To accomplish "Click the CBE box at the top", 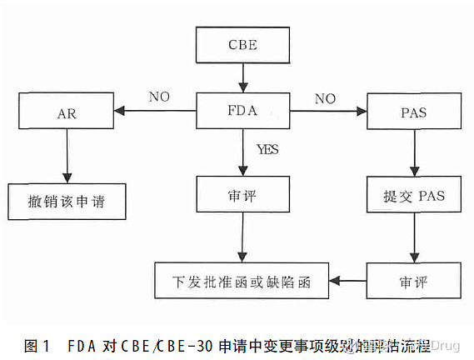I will click(x=242, y=43).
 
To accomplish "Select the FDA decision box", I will click(x=242, y=109).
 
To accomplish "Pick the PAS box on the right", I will click(x=414, y=112).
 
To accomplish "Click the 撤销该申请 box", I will click(x=66, y=202).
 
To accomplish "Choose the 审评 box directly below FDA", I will click(x=242, y=194).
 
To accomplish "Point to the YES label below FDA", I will click(x=267, y=150).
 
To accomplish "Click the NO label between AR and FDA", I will click(x=159, y=96).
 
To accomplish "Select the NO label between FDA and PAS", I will click(x=325, y=99).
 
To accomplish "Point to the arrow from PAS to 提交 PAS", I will click(x=414, y=154).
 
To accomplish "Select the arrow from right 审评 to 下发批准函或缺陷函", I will click(x=349, y=281).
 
